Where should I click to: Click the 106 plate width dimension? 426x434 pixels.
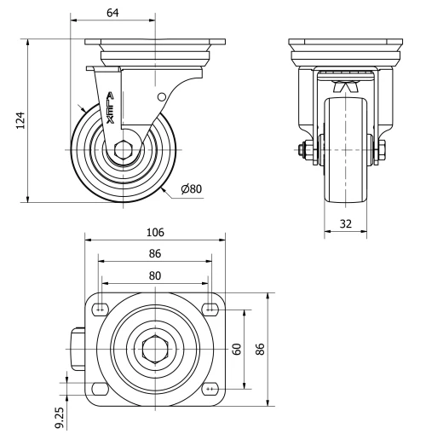[x=154, y=232]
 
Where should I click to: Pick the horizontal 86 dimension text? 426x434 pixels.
[x=154, y=253]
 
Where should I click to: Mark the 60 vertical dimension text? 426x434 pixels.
[x=238, y=349]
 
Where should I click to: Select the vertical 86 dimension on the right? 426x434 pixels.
[x=262, y=349]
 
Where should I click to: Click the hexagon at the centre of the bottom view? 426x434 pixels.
[x=154, y=349]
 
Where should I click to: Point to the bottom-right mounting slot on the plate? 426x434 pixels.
[x=210, y=389]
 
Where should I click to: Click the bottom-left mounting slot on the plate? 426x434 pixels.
[x=100, y=389]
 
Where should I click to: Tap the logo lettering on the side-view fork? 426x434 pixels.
[x=112, y=107]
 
